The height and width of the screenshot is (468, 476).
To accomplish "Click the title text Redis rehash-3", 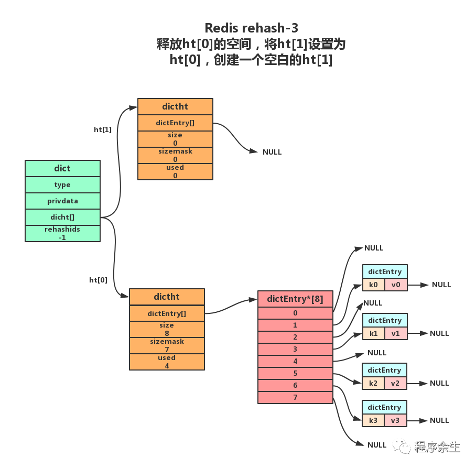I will click(251, 28).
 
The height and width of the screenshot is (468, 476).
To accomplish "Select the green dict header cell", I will click(62, 168).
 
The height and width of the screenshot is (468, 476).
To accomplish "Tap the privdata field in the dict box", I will click(62, 201).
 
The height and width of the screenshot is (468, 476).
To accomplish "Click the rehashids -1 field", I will click(62, 233).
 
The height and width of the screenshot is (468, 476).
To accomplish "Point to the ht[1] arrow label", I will click(103, 129).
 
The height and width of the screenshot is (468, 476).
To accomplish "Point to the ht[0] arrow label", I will click(98, 280).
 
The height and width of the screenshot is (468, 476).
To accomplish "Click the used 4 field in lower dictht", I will click(167, 362).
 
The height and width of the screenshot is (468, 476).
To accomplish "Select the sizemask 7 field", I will click(167, 345).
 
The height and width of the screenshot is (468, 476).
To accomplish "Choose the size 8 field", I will click(167, 329).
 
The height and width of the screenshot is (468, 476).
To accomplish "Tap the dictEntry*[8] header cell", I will click(295, 299).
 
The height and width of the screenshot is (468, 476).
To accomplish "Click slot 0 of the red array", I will click(295, 313).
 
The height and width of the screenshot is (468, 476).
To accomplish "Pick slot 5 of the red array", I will click(295, 373).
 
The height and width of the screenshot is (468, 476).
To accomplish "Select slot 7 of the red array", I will click(295, 397).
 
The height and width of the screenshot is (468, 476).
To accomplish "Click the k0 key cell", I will click(373, 285).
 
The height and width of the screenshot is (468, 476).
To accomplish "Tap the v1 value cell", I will click(396, 333).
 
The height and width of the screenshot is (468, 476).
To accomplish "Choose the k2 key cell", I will click(373, 383).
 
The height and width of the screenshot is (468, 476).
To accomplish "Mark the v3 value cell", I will click(396, 420).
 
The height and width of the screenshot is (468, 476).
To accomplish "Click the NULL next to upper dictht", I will click(272, 152).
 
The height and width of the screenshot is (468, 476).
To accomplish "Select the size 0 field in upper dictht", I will click(175, 139).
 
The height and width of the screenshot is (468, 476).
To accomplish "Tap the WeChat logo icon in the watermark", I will click(403, 446).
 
